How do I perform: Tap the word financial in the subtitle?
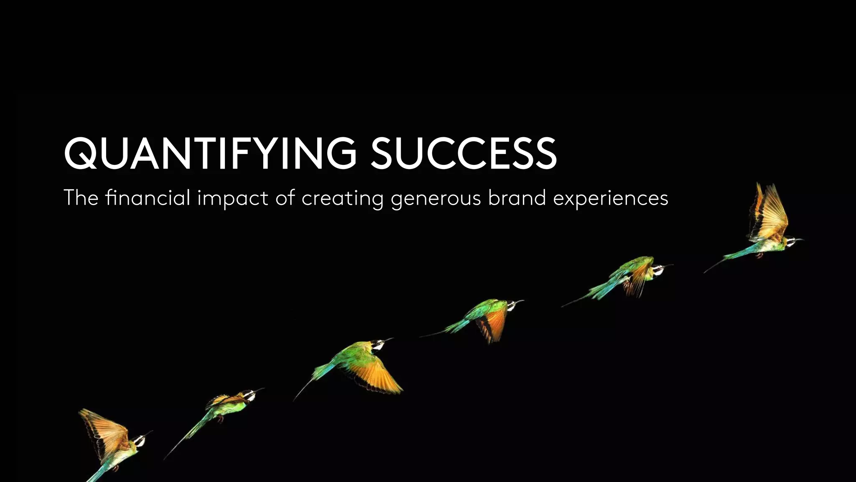coord(148,197)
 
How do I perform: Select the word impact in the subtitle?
coord(232,198)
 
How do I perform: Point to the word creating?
coord(342,198)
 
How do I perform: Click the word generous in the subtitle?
coord(436,198)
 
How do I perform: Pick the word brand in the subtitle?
coord(517,197)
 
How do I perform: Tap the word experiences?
coord(611,198)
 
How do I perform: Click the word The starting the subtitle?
coord(81,197)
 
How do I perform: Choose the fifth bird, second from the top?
coord(627,276)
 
